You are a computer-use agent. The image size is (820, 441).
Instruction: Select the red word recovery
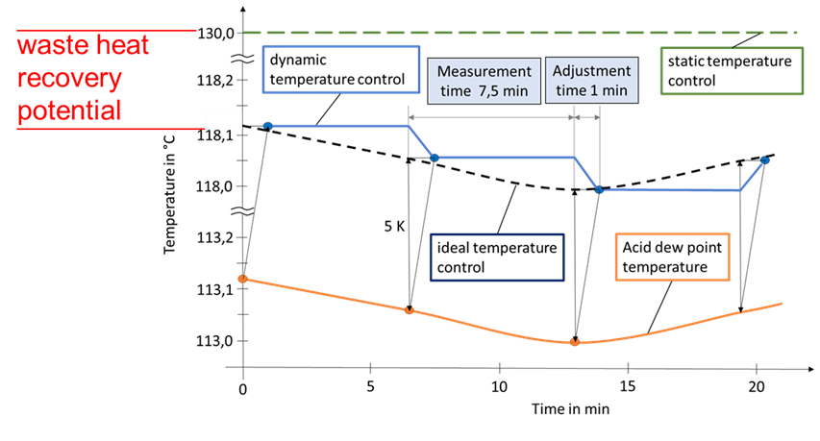[x=69, y=78]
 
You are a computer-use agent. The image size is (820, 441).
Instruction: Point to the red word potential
[x=69, y=110]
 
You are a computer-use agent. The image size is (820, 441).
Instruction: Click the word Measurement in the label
[x=484, y=72]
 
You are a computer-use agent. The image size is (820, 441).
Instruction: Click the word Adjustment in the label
[x=592, y=72]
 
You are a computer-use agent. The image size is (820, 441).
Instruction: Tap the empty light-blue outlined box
[x=341, y=69]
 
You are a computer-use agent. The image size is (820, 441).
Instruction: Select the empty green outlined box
[x=732, y=72]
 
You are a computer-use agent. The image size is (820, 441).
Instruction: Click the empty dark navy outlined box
[x=497, y=257]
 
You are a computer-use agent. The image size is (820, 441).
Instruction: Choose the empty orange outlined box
[x=672, y=257]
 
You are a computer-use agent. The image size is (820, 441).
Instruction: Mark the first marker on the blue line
[x=267, y=126]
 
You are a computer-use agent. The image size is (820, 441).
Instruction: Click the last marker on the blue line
[x=765, y=159]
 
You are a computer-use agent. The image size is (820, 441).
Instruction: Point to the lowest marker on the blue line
[x=598, y=190]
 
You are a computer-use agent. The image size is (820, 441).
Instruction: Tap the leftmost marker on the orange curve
[x=242, y=279]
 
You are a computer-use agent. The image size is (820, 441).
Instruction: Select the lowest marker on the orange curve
[x=574, y=342]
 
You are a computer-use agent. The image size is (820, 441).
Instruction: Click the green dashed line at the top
[x=519, y=32]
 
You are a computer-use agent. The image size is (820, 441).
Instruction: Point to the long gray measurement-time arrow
[x=491, y=118]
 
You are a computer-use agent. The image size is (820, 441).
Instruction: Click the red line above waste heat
[x=106, y=30]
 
